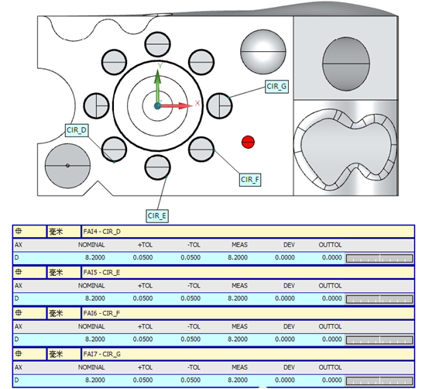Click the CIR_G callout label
click(x=276, y=87)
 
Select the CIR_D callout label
click(x=77, y=130)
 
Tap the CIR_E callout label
click(x=157, y=216)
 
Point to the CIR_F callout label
click(x=250, y=180)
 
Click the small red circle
click(x=248, y=142)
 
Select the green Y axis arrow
click(x=157, y=86)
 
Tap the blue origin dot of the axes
click(x=157, y=106)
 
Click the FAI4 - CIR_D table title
click(x=101, y=232)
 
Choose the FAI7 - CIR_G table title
click(x=101, y=354)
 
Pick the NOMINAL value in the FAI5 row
click(x=95, y=298)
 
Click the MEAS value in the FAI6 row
click(x=238, y=339)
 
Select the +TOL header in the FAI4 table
click(x=145, y=245)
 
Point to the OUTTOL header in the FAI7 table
click(x=330, y=367)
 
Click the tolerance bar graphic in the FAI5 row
click(x=379, y=299)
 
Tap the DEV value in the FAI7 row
click(x=285, y=380)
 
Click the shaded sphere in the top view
click(x=263, y=52)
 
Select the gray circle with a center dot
click(x=67, y=166)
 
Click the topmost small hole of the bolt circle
click(x=158, y=44)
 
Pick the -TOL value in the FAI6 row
click(x=190, y=339)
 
